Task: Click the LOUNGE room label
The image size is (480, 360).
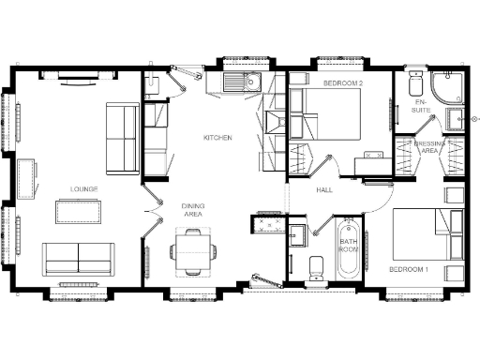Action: [83, 188]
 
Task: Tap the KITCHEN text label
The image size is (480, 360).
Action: [217, 138]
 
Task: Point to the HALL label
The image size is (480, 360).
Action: [324, 190]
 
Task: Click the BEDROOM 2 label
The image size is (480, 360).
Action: [343, 83]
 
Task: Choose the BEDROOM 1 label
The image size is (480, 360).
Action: [408, 270]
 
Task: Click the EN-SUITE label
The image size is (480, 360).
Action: [420, 107]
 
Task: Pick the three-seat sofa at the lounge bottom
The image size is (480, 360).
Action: [78, 255]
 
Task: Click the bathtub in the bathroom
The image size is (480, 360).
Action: [348, 250]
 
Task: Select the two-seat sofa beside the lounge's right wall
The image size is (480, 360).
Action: [123, 138]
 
